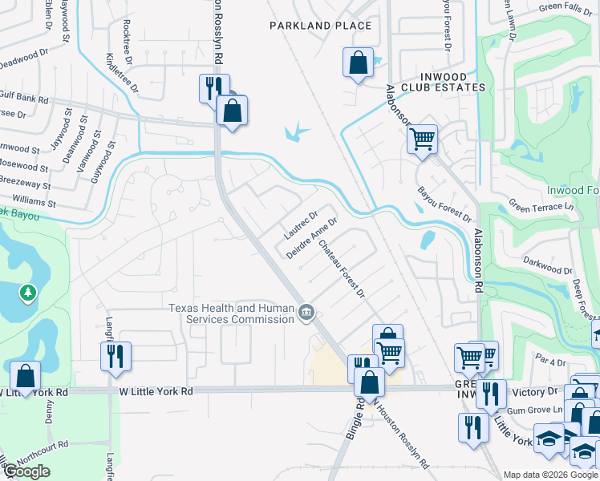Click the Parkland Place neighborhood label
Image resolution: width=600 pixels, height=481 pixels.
point(320,26)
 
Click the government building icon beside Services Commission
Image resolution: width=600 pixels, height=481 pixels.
point(306,313)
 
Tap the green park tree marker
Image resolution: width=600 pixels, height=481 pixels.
point(28,293)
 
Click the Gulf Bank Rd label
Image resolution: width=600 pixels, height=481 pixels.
point(24,100)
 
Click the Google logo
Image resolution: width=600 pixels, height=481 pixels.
point(26,471)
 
